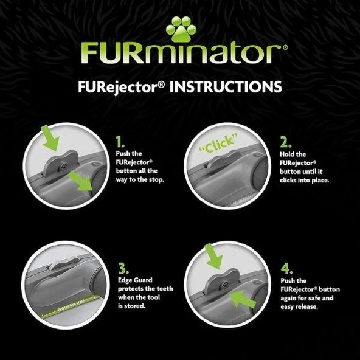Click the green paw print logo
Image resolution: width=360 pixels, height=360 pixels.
[x=179, y=30]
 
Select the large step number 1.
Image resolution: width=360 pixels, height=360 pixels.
[x=120, y=141]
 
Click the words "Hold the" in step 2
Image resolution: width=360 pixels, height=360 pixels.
[x=290, y=154]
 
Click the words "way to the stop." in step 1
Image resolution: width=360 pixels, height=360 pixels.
[x=141, y=180]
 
